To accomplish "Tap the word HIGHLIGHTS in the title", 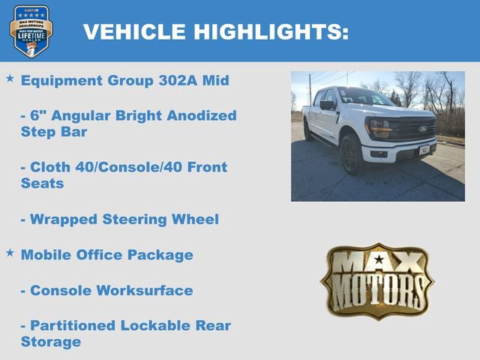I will [x=271, y=31].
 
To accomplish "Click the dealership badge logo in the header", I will [x=31, y=31].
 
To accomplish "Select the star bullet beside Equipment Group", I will [x=10, y=78].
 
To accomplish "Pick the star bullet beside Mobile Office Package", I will [x=10, y=253].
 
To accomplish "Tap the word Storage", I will [x=50, y=342].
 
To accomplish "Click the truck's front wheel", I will [x=350, y=154].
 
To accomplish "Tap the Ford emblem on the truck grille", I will [x=422, y=129].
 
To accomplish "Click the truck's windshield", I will [x=364, y=98].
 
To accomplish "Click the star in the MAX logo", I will [x=378, y=260].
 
